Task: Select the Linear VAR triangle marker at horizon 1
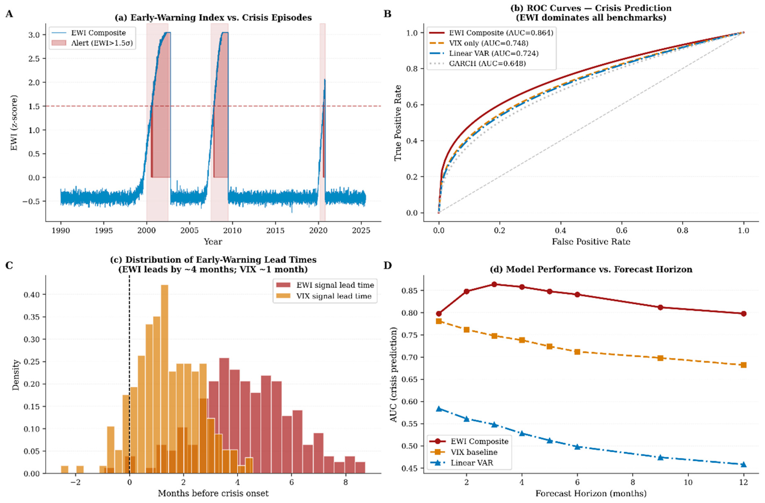[439, 409]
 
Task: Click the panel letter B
[388, 14]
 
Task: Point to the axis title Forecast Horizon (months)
[591, 493]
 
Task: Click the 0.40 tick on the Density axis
[31, 294]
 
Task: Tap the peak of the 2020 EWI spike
[325, 80]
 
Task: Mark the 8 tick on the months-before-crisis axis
[345, 482]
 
